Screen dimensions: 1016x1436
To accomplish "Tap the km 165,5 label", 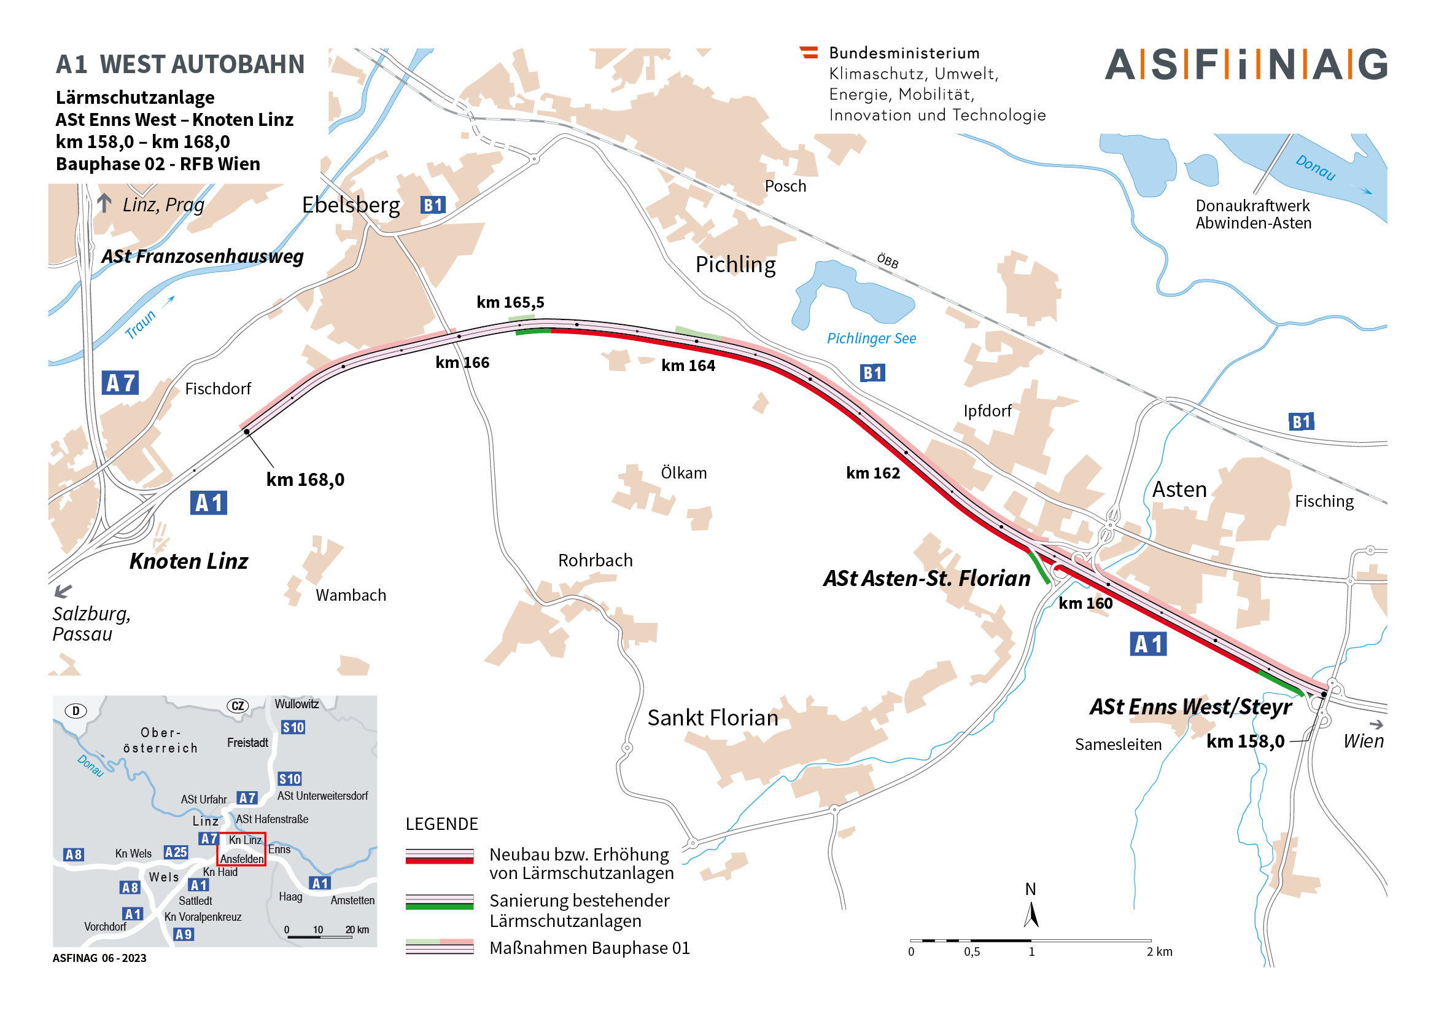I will pos(510,303).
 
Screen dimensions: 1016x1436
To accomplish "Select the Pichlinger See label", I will pos(871,338).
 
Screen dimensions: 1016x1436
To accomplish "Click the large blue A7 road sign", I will pos(120,383).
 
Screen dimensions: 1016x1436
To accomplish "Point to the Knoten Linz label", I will pos(188,561).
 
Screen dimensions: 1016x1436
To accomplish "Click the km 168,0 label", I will pos(305,480).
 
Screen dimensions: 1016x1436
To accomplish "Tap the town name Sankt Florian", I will pos(712,717).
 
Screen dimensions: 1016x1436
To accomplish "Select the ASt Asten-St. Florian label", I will pos(926,579).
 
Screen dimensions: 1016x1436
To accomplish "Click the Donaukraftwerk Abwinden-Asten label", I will pos(1253,214).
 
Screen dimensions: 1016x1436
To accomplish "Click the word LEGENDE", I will pos(441,824).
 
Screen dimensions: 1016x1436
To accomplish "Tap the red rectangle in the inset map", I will pos(241,849).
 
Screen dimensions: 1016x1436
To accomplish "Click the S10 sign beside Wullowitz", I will pos(293,727).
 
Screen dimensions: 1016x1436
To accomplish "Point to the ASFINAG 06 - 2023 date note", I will pos(99,958).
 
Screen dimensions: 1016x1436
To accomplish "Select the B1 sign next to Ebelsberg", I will pos(433,205).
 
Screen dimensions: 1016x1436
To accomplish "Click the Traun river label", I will pos(140,324).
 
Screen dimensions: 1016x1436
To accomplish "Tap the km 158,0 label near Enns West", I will pos(1245,741).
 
